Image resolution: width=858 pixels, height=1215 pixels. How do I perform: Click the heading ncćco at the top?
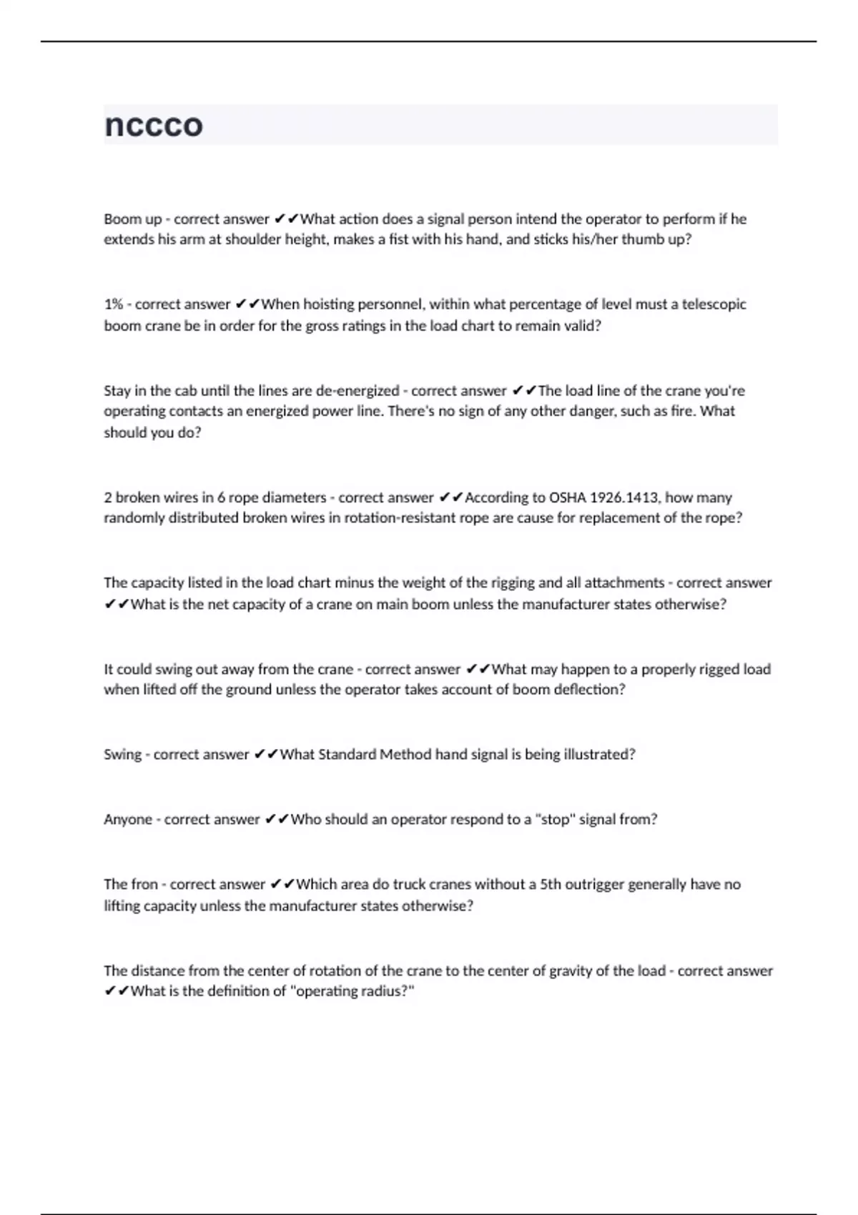[x=154, y=125]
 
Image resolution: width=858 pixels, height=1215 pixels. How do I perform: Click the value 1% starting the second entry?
[x=113, y=304]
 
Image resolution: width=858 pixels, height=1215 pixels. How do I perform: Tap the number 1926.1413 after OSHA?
[x=626, y=497]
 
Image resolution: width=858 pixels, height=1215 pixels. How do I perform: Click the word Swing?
[x=122, y=755]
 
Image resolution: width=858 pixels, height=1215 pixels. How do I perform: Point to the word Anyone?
[x=128, y=820]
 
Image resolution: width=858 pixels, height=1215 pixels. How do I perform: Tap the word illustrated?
[x=599, y=755]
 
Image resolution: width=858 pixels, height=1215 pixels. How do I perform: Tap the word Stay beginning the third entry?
[x=117, y=391]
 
